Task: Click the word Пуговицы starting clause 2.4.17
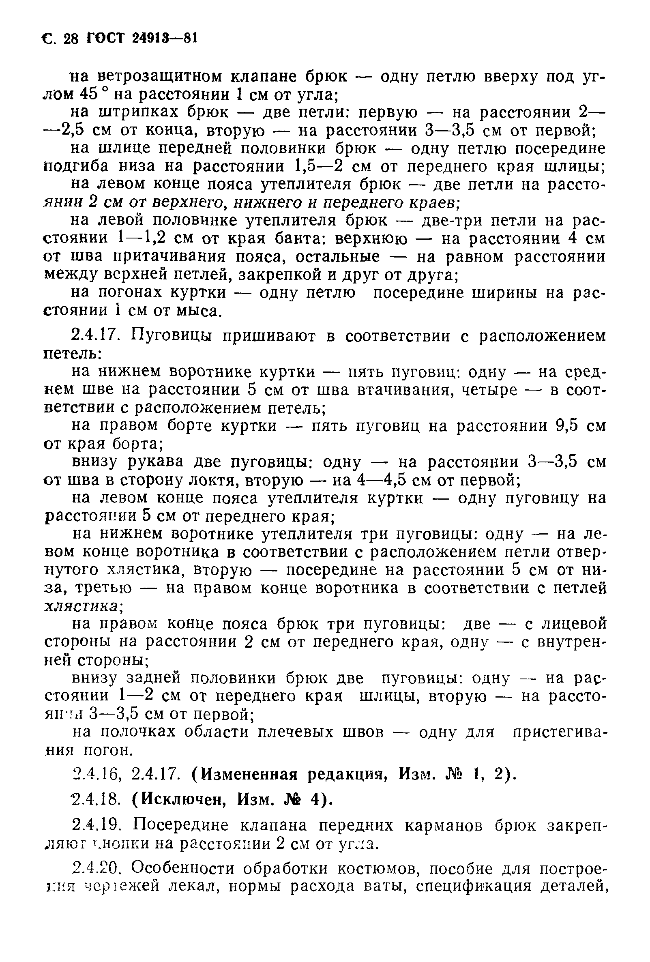(171, 337)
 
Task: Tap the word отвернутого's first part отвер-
(579, 552)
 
